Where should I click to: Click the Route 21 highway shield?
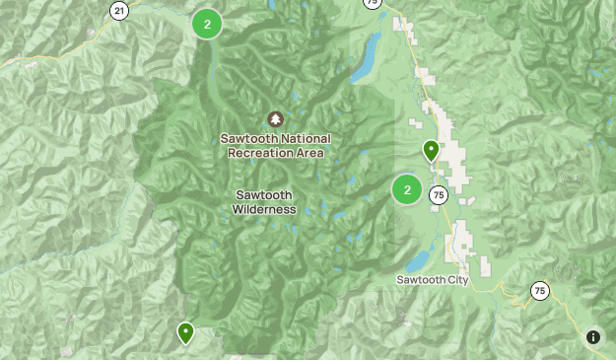119,11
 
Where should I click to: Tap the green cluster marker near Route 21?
207,24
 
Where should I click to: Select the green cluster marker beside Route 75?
407,189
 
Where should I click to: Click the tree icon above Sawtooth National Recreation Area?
275,119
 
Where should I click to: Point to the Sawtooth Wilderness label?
264,201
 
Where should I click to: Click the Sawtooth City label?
434,280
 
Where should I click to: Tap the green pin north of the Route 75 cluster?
431,150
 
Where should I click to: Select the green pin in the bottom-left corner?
185,332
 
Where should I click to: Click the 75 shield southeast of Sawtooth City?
539,290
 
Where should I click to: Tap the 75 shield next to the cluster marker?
439,195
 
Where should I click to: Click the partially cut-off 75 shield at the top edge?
371,3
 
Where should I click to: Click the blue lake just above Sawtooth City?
418,260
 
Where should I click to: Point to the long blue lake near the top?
364,61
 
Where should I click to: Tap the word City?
458,280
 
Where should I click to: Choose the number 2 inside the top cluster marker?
207,24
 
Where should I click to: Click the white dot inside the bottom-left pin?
185,330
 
